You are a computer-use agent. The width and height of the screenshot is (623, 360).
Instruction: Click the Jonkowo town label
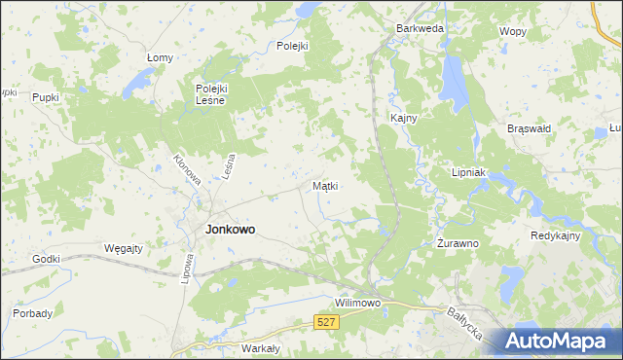[x=231, y=230]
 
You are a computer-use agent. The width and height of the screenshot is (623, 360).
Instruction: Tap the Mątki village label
[x=325, y=185]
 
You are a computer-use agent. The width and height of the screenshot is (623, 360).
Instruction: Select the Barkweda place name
[x=420, y=29]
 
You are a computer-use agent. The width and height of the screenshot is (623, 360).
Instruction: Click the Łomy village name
[x=160, y=58]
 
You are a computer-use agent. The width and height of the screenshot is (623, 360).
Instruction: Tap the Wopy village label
[x=512, y=31]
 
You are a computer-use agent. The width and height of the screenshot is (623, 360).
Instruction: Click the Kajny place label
[x=404, y=118]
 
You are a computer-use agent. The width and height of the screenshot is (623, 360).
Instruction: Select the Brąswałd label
[x=530, y=127]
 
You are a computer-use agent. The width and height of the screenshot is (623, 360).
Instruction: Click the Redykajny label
[x=556, y=236]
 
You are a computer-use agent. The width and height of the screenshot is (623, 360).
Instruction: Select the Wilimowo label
[x=357, y=303]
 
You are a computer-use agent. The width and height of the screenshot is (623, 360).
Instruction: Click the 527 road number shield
[x=326, y=321]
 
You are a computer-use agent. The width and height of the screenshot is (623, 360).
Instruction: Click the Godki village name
[x=46, y=259]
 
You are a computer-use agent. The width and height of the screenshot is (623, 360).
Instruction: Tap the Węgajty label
[x=124, y=248]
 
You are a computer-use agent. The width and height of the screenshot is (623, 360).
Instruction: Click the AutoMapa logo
[x=557, y=341]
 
